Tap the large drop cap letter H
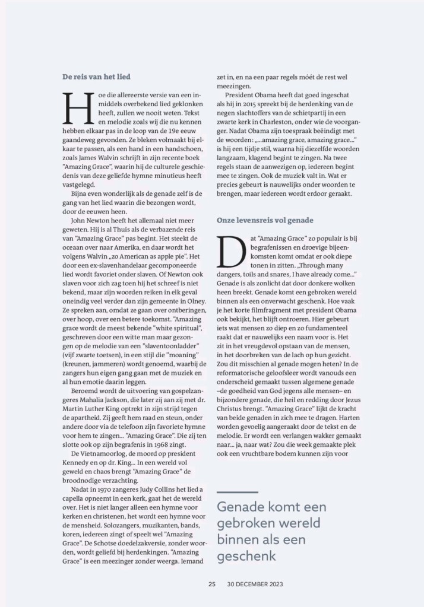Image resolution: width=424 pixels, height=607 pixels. [75, 111]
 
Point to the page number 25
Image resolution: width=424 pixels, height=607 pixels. [211, 584]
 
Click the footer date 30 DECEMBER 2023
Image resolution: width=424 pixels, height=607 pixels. [255, 584]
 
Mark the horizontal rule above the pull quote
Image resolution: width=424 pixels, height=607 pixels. [237, 492]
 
